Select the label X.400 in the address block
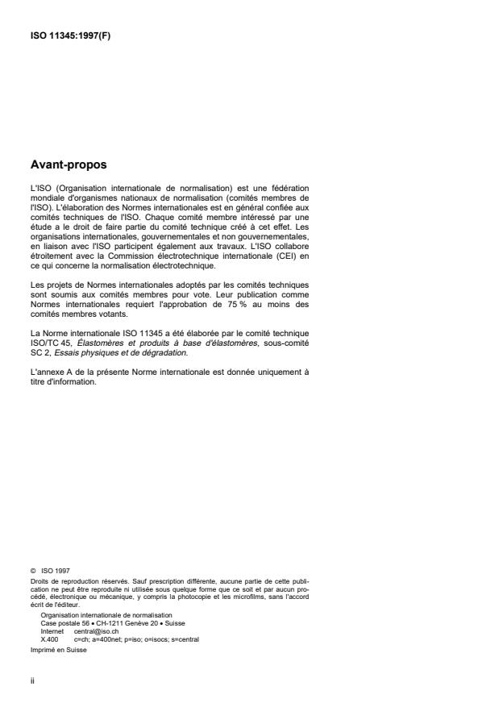pos(48,639)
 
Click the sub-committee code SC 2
pos(37,331)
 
